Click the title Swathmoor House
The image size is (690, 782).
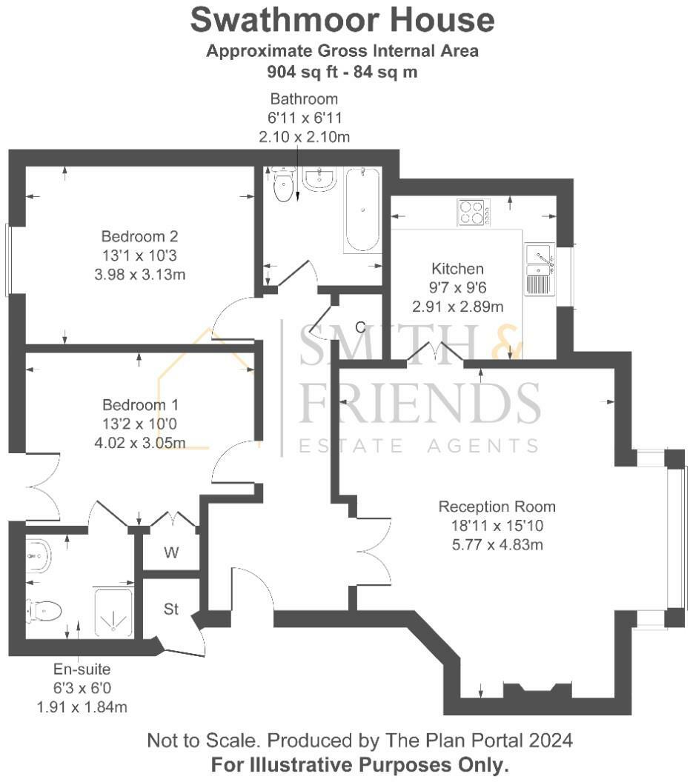click(x=342, y=20)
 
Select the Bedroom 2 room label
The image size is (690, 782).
click(x=139, y=237)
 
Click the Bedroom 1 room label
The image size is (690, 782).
click(x=140, y=406)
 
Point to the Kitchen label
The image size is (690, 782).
click(x=457, y=269)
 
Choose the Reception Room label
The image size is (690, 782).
click(x=497, y=507)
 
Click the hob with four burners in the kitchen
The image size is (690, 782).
click(x=472, y=213)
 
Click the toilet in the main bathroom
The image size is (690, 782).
click(x=283, y=185)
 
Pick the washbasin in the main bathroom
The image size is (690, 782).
click(x=319, y=178)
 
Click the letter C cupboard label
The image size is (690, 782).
click(x=359, y=327)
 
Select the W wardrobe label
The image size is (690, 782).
click(x=171, y=552)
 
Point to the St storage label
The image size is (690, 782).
click(x=171, y=609)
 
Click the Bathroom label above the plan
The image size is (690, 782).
click(x=304, y=98)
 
